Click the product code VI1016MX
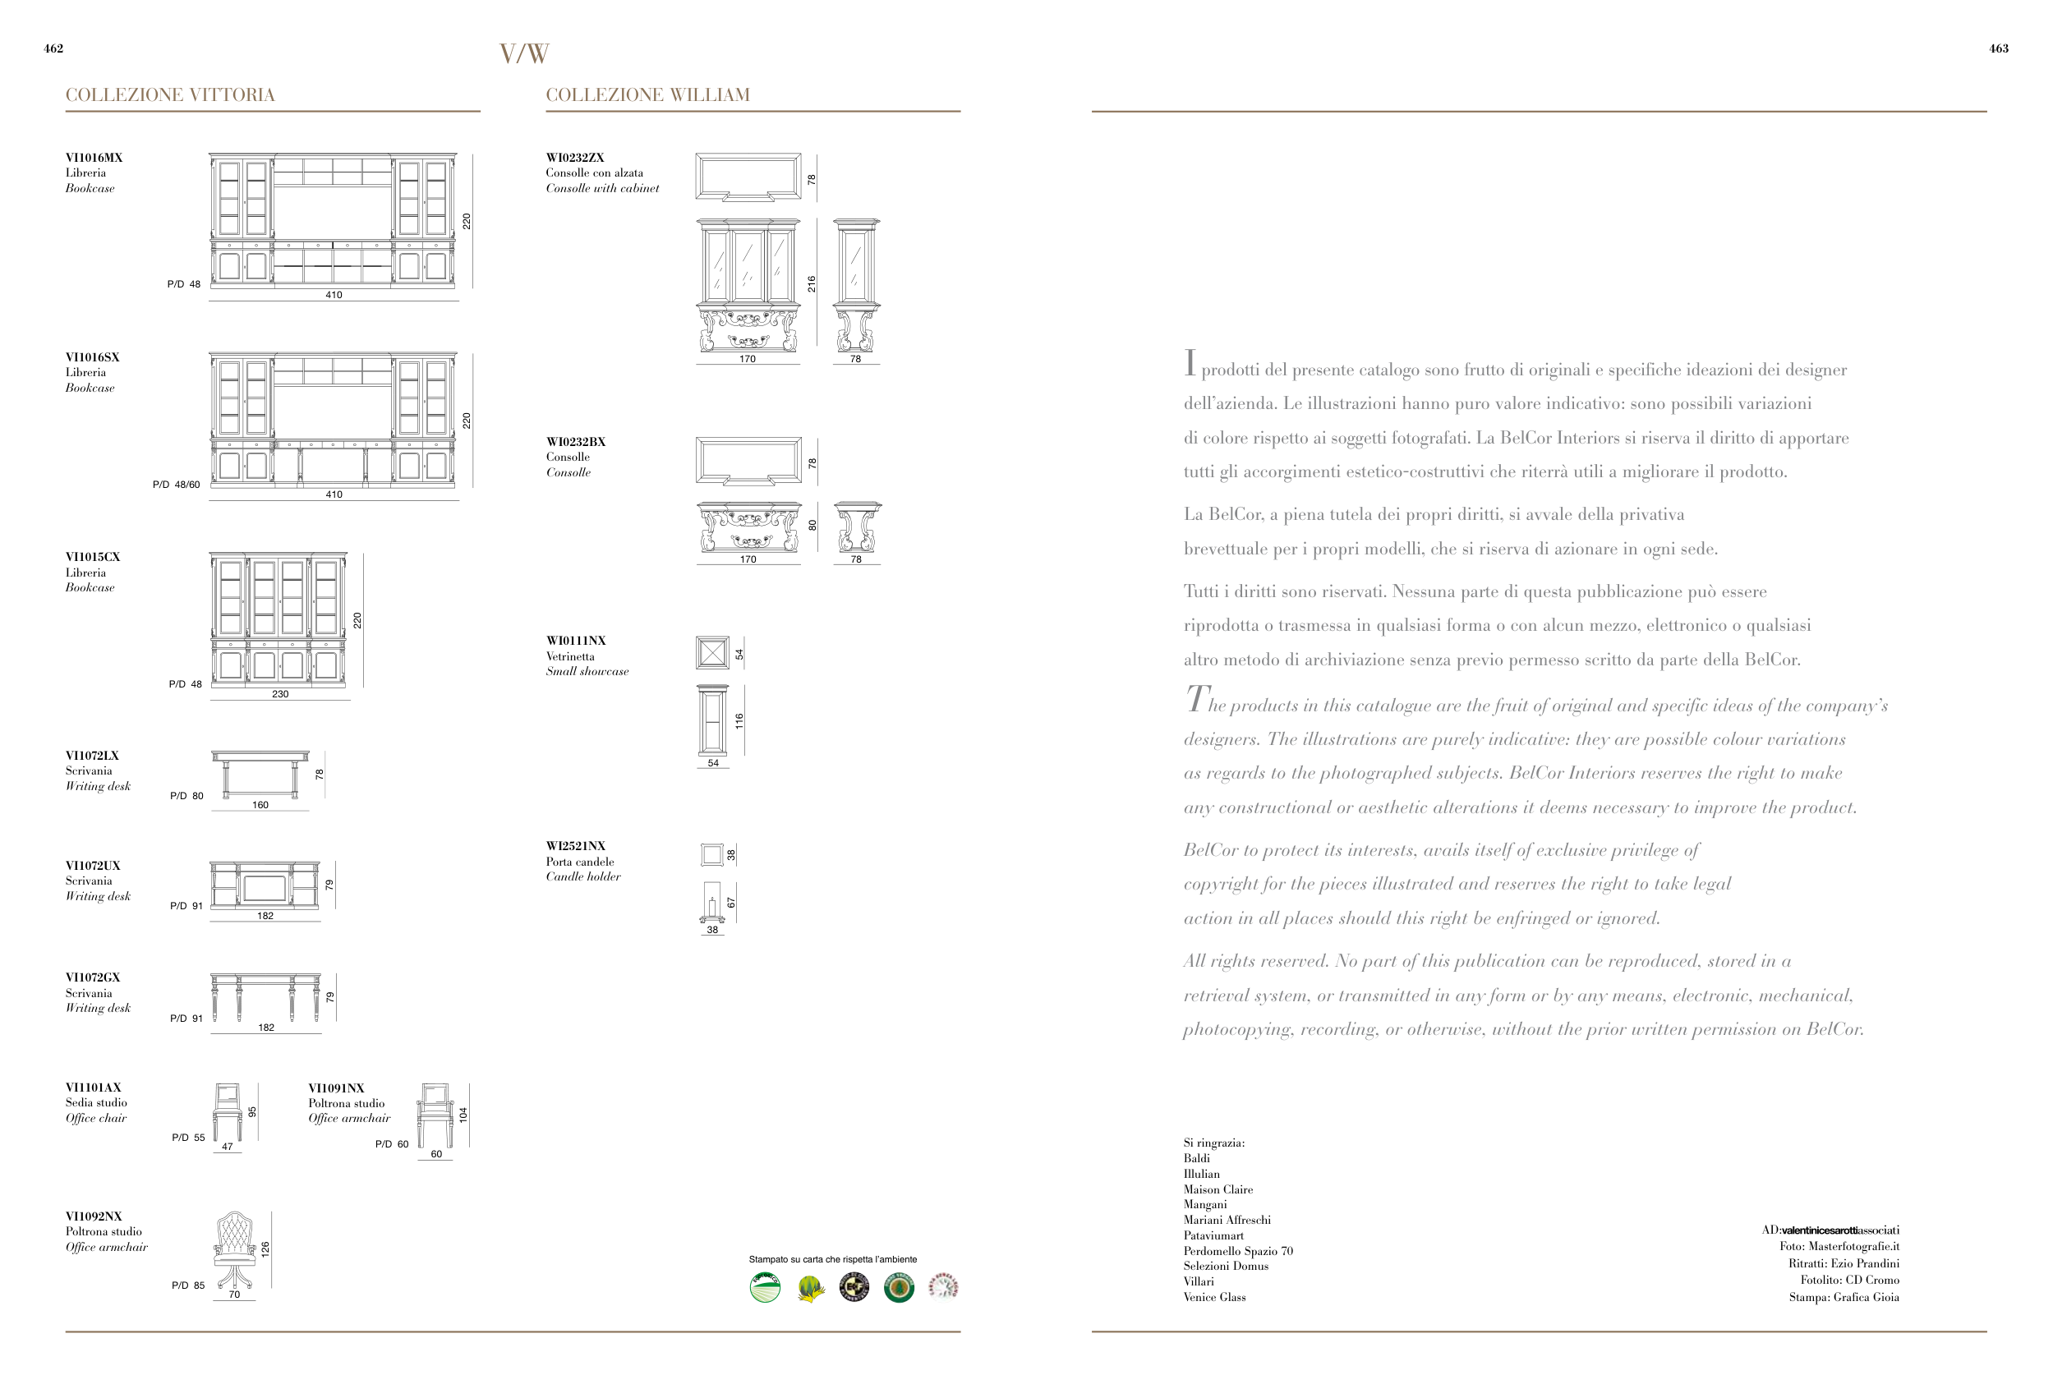[x=94, y=158]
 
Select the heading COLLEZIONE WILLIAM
[x=647, y=95]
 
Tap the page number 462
[x=53, y=48]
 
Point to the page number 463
[x=1998, y=48]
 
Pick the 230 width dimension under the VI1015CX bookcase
[x=280, y=694]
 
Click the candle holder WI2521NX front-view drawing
[x=712, y=903]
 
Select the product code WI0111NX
[x=576, y=641]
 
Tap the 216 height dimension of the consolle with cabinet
[x=812, y=283]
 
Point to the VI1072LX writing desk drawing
[x=260, y=774]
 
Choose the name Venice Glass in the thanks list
[x=1215, y=1297]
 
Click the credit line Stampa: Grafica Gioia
[x=1844, y=1297]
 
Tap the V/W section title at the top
[x=524, y=54]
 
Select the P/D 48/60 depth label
[x=177, y=485]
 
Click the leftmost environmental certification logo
[x=765, y=1288]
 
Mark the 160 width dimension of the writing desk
[x=260, y=804]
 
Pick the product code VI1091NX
[x=336, y=1088]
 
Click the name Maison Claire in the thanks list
[x=1218, y=1189]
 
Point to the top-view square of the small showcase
[x=712, y=653]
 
